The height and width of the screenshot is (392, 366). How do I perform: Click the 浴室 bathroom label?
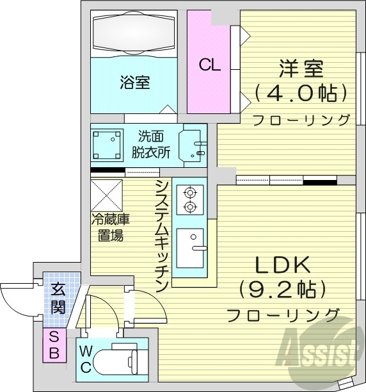[x=134, y=83]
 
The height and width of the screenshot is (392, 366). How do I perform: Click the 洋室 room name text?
[x=300, y=69]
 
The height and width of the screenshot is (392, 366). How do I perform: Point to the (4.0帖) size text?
[x=300, y=94]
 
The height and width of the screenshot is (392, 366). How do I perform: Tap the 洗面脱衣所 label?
[x=151, y=144]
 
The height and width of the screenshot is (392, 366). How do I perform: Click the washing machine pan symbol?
[x=107, y=145]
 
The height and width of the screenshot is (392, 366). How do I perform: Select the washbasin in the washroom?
[x=193, y=145]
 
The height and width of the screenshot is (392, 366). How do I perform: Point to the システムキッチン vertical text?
[x=162, y=234]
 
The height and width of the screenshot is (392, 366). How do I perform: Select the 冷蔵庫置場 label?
[x=109, y=227]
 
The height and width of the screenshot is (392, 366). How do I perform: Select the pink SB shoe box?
[x=54, y=345]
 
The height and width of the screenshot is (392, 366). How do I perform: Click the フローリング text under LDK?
[x=282, y=314]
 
